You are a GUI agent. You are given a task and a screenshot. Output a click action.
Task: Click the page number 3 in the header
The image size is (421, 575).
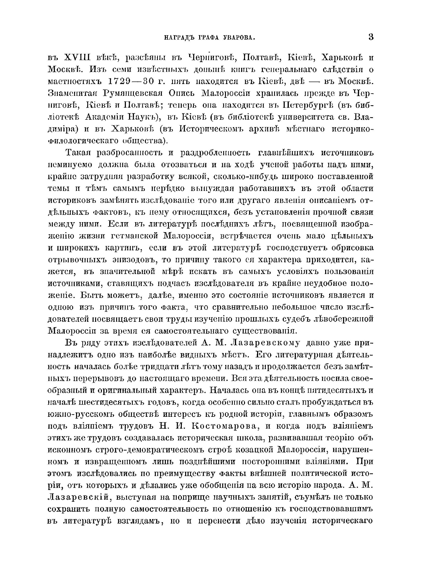pos(371,37)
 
